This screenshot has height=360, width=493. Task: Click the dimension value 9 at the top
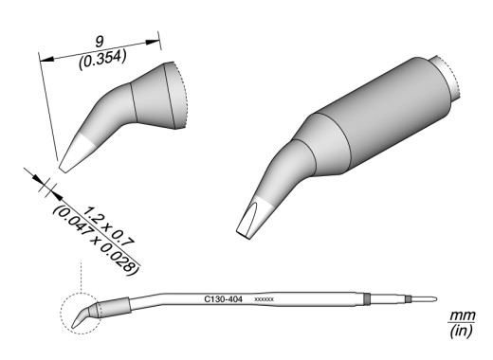[x=100, y=42]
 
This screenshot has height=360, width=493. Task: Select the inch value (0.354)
[x=102, y=61]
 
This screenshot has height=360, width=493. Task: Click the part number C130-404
[x=224, y=299]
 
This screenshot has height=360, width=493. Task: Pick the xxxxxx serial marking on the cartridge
[x=264, y=299]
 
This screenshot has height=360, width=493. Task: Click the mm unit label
[x=463, y=315]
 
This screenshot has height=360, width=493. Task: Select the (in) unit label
[x=462, y=331]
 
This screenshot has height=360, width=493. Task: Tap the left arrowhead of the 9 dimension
[x=47, y=59]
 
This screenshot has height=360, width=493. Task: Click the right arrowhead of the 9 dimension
[x=152, y=42]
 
